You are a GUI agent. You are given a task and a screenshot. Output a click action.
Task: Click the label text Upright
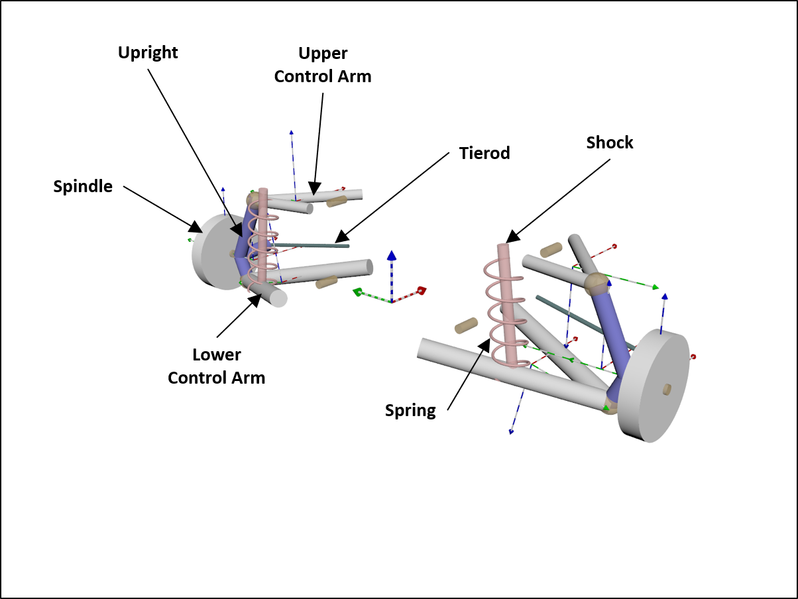tap(148, 52)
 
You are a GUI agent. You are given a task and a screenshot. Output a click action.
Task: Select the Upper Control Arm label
tap(323, 65)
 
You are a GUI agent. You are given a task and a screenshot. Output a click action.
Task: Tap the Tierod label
tap(484, 153)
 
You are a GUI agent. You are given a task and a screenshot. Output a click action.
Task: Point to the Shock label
tap(609, 142)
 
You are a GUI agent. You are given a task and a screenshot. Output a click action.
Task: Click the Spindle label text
tap(83, 186)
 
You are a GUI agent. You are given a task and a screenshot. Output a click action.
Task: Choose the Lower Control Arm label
tap(216, 366)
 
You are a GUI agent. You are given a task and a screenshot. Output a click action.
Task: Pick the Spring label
tap(410, 410)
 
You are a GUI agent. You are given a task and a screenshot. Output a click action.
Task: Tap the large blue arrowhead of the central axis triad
tap(392, 255)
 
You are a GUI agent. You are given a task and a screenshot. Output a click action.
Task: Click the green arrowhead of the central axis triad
tap(357, 292)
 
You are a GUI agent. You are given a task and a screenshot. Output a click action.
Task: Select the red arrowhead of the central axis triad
tap(420, 290)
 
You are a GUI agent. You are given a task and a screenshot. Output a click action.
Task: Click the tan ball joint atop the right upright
tap(596, 284)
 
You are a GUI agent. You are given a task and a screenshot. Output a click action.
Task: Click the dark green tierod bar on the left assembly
tap(312, 245)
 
